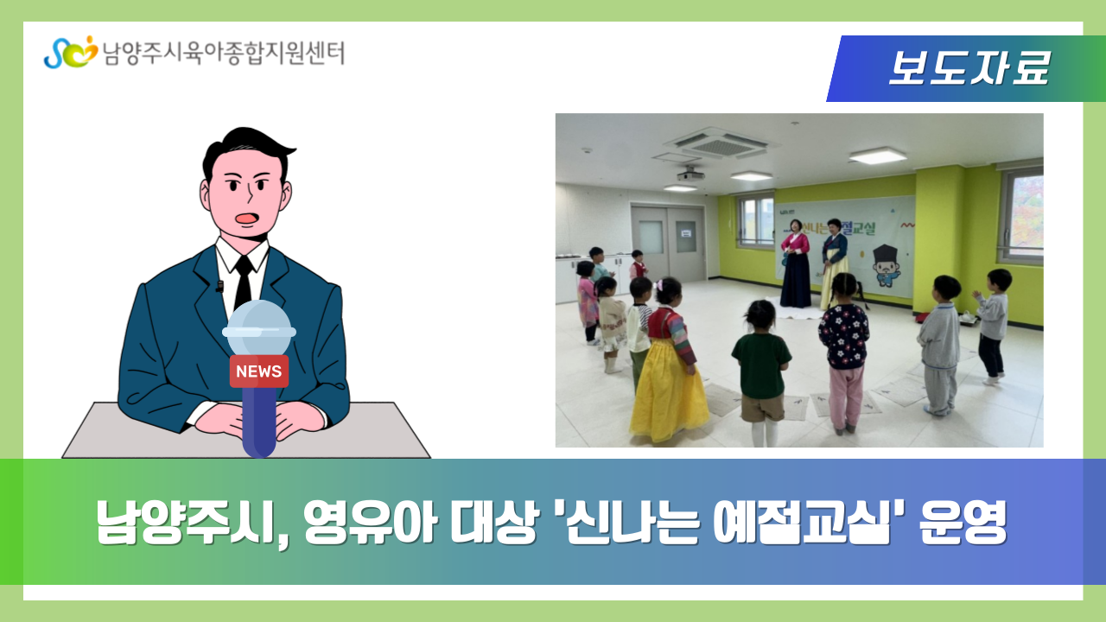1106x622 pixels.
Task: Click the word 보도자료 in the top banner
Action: [x=969, y=68]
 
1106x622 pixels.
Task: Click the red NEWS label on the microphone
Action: [x=258, y=371]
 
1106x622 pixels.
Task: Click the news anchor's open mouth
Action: [x=247, y=218]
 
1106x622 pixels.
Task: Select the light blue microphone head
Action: [x=259, y=327]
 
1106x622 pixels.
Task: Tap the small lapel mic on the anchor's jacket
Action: [x=219, y=286]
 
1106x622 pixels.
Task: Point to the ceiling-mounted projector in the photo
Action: [x=690, y=175]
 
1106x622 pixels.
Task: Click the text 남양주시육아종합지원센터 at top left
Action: [x=223, y=53]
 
